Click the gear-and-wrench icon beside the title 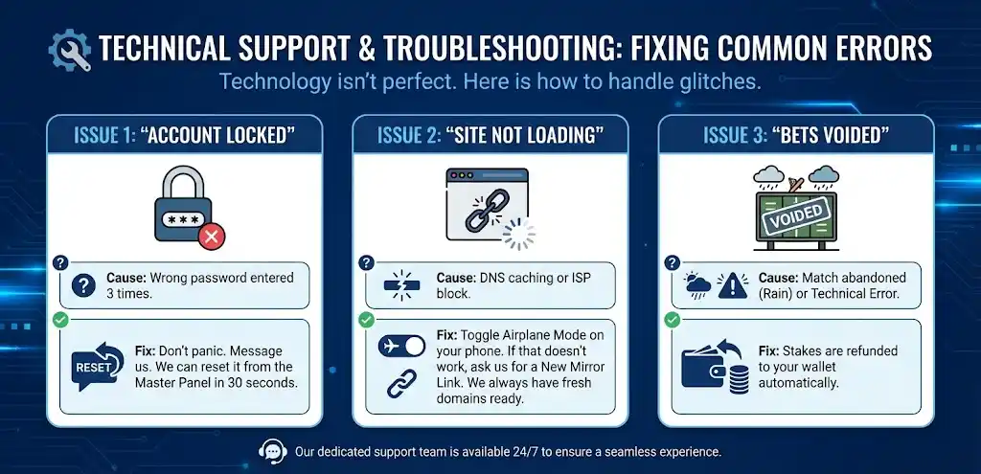69,50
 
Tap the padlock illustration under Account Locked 183,204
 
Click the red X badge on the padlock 212,237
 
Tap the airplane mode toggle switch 401,346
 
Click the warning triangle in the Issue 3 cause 732,285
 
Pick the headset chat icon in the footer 273,450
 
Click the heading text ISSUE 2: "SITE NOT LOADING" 490,134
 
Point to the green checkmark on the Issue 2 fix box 367,320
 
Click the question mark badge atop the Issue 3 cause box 672,262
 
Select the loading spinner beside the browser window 518,234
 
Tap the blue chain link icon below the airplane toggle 401,383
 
